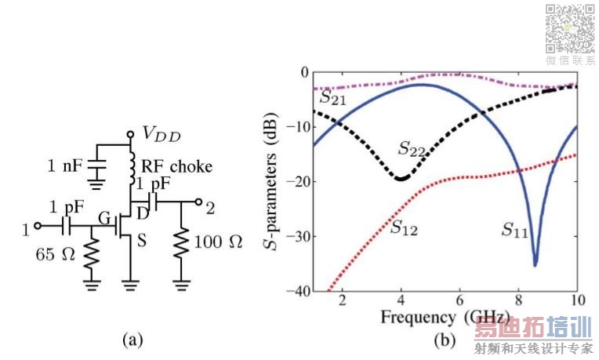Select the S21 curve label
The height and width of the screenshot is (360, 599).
pos(334,98)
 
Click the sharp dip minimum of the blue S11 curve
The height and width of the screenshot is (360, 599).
pos(535,265)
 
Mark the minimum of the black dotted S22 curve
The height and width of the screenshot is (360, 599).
pos(401,179)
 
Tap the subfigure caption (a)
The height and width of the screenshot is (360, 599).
pos(131,339)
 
